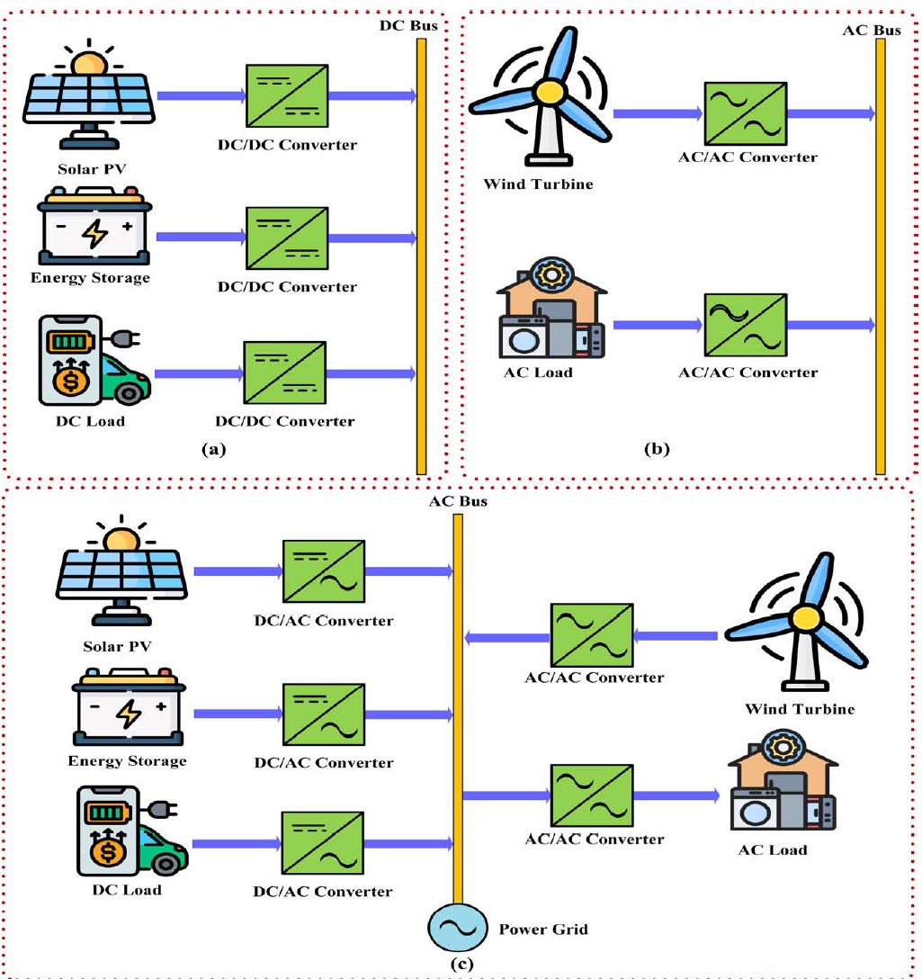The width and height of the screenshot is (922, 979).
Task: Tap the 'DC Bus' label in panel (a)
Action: click(408, 25)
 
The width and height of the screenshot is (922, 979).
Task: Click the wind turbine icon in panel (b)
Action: click(540, 99)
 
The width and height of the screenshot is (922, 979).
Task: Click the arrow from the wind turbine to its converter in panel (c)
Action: click(676, 636)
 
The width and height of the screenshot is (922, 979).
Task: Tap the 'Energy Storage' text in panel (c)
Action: click(127, 761)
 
